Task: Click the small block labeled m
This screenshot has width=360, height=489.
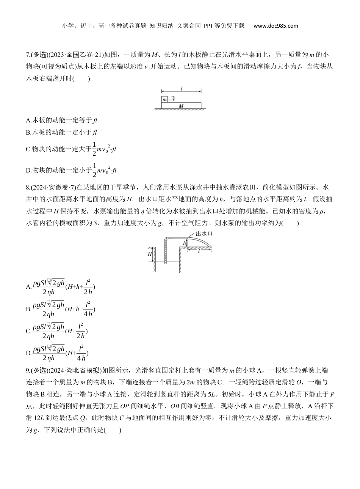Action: (x=164, y=100)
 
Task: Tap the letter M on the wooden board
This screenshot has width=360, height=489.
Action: (x=181, y=105)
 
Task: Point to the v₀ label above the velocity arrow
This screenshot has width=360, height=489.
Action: (x=172, y=97)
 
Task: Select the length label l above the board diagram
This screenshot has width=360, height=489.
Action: (x=182, y=89)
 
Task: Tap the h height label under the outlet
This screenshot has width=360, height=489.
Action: (x=185, y=243)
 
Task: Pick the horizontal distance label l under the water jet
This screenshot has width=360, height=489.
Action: (x=199, y=251)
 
